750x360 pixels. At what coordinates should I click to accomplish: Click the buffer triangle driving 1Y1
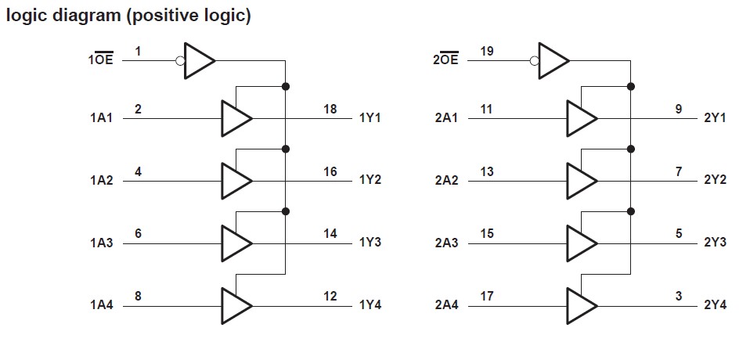(x=236, y=118)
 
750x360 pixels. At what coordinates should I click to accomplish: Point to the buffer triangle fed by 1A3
(x=236, y=243)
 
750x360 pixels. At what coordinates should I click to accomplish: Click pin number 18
(x=330, y=109)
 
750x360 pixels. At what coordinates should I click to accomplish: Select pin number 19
(x=487, y=51)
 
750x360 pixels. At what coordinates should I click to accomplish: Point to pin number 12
(x=330, y=296)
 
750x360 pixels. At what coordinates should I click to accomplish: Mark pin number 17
(x=487, y=296)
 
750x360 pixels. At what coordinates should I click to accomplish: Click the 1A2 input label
(x=101, y=181)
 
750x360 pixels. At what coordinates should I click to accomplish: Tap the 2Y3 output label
(x=716, y=243)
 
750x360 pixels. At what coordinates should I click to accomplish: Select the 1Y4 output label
(x=370, y=305)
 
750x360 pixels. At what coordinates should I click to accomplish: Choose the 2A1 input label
(x=445, y=118)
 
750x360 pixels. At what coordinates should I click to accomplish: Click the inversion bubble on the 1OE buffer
(x=180, y=59)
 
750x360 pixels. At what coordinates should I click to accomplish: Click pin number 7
(x=679, y=171)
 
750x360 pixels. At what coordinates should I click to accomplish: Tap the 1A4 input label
(x=101, y=305)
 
